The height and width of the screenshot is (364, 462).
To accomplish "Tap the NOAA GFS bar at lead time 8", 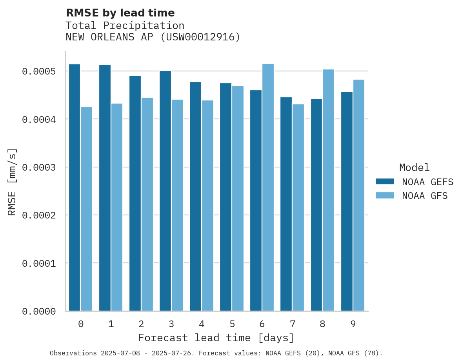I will pos(328,190).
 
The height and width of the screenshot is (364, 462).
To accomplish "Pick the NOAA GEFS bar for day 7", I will pos(286,204).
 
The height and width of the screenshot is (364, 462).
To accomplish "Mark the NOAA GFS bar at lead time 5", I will pos(238,198).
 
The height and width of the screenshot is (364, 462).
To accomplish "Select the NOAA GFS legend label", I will pos(425,196).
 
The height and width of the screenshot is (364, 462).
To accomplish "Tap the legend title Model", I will pos(414,168).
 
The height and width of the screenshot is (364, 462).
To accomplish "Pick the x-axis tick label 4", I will pos(202,324).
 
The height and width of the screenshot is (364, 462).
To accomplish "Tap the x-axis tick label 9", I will pos(353,324).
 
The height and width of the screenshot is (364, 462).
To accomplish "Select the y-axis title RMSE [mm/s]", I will pos(12,182).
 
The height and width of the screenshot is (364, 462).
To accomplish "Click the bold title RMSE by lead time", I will pos(120,13).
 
